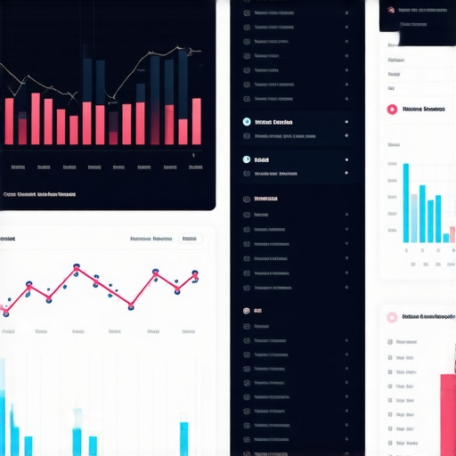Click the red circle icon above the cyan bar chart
click(391, 110)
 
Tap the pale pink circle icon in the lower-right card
click(391, 317)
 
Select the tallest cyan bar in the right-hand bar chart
click(406, 203)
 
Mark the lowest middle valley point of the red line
click(131, 306)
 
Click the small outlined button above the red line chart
click(190, 239)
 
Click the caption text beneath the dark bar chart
click(40, 193)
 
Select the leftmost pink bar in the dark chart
click(9, 121)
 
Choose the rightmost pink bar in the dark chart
click(196, 121)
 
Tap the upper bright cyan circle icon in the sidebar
click(247, 122)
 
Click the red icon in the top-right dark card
click(390, 10)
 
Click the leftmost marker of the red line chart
click(4, 311)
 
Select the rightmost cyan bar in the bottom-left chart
click(184, 438)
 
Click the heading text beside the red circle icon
click(424, 110)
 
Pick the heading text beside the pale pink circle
click(428, 317)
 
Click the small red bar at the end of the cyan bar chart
click(446, 238)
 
